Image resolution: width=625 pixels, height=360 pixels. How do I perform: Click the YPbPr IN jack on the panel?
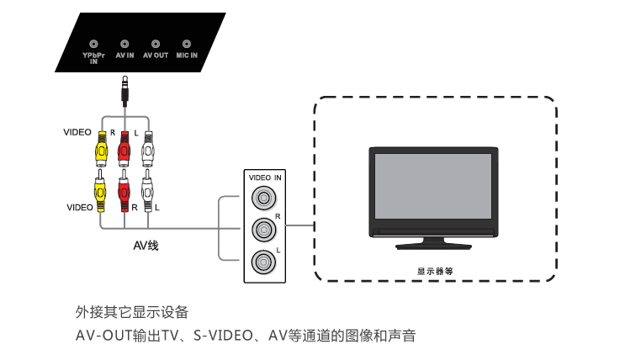point(93,42)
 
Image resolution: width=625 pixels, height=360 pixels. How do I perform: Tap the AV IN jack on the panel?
point(124,42)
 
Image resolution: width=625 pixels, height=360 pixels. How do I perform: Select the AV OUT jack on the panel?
point(156,42)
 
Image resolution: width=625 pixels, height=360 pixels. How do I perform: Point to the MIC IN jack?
point(186,42)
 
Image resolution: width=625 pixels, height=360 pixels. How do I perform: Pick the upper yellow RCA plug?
point(101,149)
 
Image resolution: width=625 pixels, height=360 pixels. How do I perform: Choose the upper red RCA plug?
point(124,149)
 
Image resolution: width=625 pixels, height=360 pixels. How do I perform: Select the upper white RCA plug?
point(148,149)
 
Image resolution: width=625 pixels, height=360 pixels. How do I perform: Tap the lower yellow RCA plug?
point(101,192)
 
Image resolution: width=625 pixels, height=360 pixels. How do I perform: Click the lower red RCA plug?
point(124,192)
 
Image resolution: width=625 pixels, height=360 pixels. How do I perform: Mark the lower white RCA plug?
point(148,192)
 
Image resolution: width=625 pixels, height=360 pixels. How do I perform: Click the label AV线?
point(146,246)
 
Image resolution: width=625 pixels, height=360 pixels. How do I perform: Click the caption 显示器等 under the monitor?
point(435,272)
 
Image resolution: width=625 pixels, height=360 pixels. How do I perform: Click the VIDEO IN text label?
point(265,177)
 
